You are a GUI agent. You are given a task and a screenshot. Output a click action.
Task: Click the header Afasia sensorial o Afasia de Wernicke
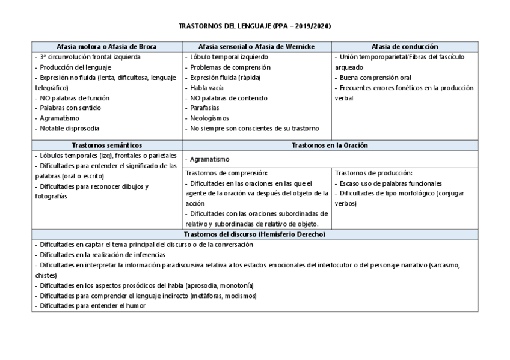(x=256, y=46)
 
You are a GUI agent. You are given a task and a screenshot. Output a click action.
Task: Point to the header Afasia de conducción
(x=405, y=46)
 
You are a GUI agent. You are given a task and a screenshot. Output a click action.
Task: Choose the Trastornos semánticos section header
(x=107, y=145)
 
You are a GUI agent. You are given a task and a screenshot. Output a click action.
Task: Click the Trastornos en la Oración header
(x=330, y=145)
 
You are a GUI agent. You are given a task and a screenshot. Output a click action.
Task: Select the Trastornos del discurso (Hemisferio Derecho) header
(x=255, y=234)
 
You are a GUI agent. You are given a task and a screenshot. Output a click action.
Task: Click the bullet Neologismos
(x=209, y=118)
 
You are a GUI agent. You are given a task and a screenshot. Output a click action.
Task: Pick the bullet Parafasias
(x=206, y=108)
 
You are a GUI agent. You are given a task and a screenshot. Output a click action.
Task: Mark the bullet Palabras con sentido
(x=69, y=108)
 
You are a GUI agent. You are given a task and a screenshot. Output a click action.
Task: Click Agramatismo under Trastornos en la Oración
(x=209, y=159)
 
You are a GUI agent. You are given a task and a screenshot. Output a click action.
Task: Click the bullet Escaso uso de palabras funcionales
(x=390, y=183)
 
